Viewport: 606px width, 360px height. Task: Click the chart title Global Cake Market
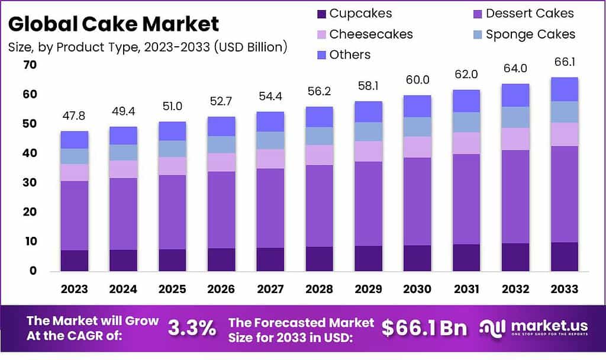pos(114,24)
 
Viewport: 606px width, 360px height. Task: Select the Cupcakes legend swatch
pos(321,14)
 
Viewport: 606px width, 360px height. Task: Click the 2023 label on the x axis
pos(74,289)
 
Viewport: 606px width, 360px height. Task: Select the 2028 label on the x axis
pos(318,289)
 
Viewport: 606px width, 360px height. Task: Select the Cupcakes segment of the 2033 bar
pos(563,256)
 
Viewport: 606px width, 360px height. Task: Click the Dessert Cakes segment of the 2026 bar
pos(221,210)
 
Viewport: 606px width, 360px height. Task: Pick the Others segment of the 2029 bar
pos(368,112)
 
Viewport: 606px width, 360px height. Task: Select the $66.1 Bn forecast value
pos(424,328)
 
